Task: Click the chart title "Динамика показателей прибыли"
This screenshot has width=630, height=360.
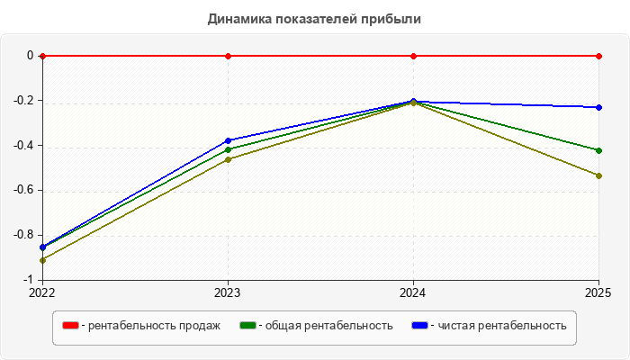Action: (x=314, y=19)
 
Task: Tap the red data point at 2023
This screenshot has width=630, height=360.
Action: (x=229, y=56)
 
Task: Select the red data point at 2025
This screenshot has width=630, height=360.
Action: (x=599, y=56)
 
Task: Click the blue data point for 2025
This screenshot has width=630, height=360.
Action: (x=599, y=108)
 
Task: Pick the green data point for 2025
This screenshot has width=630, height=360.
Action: (x=599, y=150)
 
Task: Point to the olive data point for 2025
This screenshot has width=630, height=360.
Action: (x=599, y=176)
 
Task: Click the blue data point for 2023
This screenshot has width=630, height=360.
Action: (x=229, y=140)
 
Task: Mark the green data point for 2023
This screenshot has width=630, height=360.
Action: (x=229, y=150)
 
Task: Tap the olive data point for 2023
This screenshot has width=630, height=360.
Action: (x=229, y=160)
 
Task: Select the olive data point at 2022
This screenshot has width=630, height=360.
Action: (x=42, y=260)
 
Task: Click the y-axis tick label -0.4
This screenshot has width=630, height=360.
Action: (x=23, y=145)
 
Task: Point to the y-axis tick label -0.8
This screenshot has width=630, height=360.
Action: (x=23, y=235)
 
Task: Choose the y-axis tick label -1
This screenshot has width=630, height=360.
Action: (x=28, y=280)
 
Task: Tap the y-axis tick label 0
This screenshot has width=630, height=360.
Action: (x=30, y=56)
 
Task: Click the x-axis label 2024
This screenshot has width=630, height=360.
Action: (x=413, y=292)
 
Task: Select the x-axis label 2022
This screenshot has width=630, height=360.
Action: (x=42, y=292)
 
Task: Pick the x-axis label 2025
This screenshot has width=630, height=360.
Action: (x=598, y=292)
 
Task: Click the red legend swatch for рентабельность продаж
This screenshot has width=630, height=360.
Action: (x=70, y=326)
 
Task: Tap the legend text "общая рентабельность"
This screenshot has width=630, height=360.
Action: (x=329, y=326)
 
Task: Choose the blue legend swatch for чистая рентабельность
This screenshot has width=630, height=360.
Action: (x=420, y=326)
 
